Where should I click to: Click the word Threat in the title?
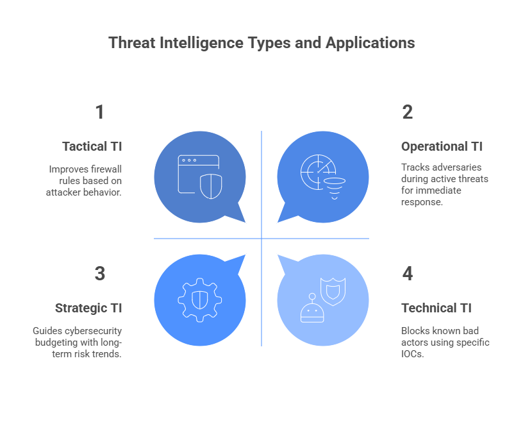[x=132, y=43]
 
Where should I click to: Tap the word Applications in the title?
[x=370, y=44]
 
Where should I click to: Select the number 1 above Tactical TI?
[x=100, y=112]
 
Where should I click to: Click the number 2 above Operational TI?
[x=407, y=112]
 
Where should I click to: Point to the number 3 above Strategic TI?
[x=100, y=273]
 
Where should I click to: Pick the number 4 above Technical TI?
[x=407, y=273]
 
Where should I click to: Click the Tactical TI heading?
[x=92, y=147]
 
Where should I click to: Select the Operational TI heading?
[x=442, y=147]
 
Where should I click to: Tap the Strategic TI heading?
[x=88, y=308]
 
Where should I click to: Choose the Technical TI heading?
[x=436, y=308]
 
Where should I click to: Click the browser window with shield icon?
[x=200, y=176]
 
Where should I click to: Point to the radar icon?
[x=318, y=172]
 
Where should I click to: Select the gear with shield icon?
[x=200, y=300]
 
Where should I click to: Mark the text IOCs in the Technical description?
[x=412, y=354]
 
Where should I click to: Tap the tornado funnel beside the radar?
[x=334, y=189]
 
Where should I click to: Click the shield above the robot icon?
[x=333, y=291]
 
